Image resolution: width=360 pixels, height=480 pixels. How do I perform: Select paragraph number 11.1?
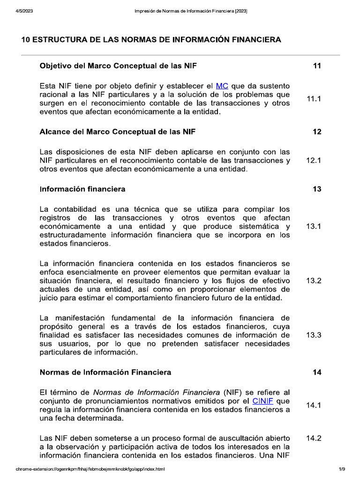[x=314, y=99]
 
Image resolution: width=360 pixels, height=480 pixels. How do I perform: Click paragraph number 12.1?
[x=314, y=160]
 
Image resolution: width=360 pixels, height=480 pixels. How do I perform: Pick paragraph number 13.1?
[x=314, y=226]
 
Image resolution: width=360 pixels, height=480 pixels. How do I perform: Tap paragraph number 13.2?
[x=314, y=281]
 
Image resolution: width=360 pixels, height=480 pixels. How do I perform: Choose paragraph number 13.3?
[x=314, y=335]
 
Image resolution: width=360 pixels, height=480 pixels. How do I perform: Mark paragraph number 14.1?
[x=314, y=405]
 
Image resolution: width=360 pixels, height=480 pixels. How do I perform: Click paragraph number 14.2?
[x=314, y=438]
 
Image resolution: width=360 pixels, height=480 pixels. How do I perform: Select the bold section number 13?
[x=317, y=189]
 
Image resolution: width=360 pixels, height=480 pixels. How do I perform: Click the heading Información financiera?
[x=82, y=189]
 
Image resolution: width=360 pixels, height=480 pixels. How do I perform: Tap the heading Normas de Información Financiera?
[x=105, y=372]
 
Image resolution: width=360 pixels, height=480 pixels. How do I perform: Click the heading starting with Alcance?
[x=118, y=132]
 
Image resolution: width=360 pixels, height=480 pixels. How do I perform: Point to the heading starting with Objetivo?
[x=118, y=66]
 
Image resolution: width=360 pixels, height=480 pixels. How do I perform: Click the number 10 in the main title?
[x=26, y=40]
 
